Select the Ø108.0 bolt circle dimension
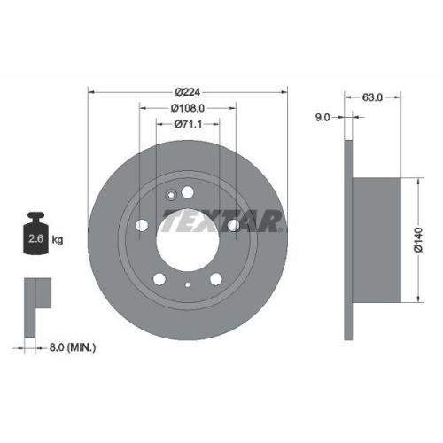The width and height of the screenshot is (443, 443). click(187, 107)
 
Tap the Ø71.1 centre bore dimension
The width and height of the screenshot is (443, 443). click(187, 123)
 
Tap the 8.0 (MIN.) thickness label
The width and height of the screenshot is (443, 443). click(73, 348)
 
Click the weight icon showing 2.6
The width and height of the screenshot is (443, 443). click(36, 236)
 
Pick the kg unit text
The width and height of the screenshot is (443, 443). click(57, 240)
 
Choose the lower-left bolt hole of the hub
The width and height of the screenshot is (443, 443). click(159, 279)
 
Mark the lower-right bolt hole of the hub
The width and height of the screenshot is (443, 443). click(217, 279)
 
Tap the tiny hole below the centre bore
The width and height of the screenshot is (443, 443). click(188, 284)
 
